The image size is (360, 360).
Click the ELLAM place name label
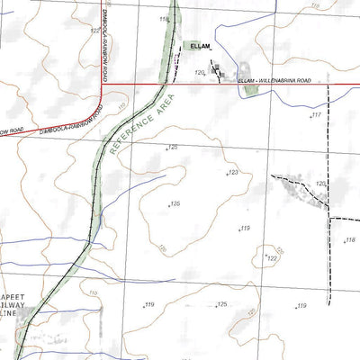click(201, 46)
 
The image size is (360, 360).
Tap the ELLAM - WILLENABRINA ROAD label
click(274, 81)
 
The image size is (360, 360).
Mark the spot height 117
click(316, 115)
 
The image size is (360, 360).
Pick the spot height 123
click(233, 171)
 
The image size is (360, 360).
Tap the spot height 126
click(175, 204)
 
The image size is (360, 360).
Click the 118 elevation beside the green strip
click(163, 18)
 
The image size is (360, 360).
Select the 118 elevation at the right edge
click(351, 239)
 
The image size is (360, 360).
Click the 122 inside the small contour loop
click(272, 258)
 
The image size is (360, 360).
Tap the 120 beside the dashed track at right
click(320, 183)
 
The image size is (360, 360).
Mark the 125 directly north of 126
click(173, 148)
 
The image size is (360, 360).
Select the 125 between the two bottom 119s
click(221, 304)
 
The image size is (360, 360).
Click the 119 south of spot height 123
click(244, 229)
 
